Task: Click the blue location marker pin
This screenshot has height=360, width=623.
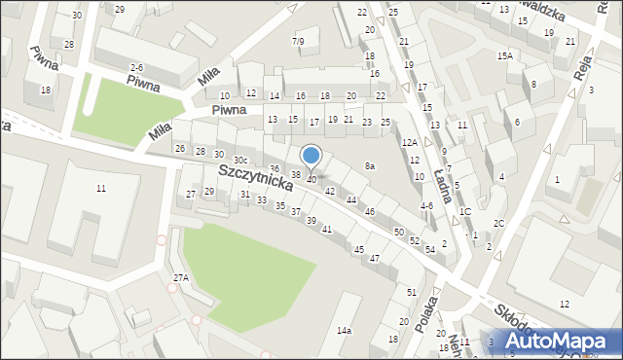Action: point(311,156)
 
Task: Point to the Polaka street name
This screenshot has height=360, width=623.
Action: point(422,315)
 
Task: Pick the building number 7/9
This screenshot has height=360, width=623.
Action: point(298,41)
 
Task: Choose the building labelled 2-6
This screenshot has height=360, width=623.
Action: point(137,67)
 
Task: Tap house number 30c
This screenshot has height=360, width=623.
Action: point(239,160)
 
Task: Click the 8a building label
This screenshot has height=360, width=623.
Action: point(370,166)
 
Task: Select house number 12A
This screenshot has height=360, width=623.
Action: point(410,143)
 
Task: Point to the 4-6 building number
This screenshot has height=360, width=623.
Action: point(426,206)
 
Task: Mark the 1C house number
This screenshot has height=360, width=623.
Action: point(465,212)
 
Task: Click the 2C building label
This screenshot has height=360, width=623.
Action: point(498,224)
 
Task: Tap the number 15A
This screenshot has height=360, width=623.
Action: point(504,56)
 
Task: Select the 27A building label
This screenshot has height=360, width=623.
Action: point(181,278)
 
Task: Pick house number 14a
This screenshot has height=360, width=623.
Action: point(344,331)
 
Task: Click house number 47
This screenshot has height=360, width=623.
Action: point(374,259)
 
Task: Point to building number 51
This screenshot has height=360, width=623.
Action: point(412,292)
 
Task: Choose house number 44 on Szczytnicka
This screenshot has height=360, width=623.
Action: point(351,199)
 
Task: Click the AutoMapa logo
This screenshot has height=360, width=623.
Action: point(567,341)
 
